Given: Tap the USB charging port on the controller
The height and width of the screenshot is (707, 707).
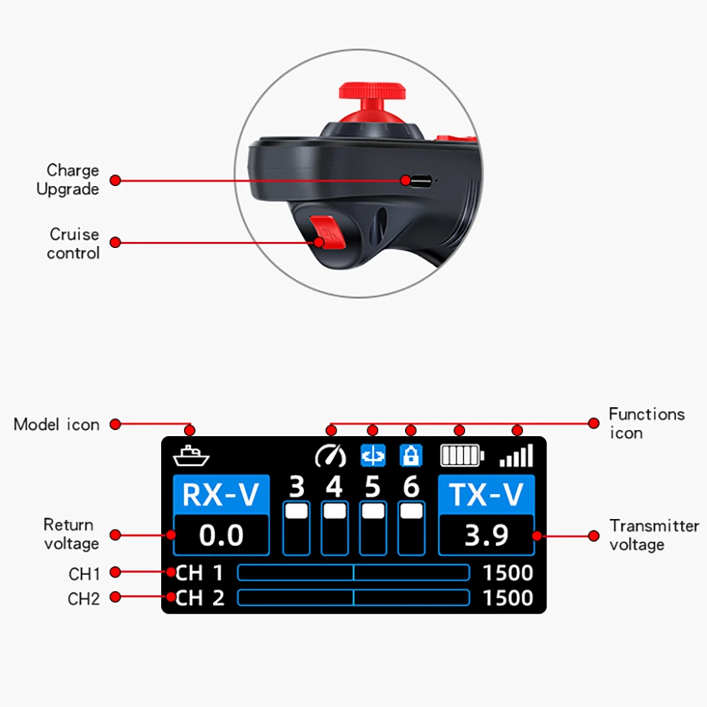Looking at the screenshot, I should click(419, 181).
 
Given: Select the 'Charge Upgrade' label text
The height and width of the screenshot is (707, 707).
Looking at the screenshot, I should click(68, 180).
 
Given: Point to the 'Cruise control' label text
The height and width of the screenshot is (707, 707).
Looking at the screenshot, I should click(74, 243).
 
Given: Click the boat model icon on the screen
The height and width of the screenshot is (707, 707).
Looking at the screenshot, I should click(191, 456).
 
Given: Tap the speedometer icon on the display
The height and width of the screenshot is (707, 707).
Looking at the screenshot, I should click(330, 456).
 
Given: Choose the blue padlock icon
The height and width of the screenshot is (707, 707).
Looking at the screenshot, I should click(411, 456).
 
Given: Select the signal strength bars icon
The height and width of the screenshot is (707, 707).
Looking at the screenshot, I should click(516, 456).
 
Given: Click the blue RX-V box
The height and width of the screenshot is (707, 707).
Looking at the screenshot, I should click(221, 495).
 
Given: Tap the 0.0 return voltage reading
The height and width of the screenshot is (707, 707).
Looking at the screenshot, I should click(221, 535).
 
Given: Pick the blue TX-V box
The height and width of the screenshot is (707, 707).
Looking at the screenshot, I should click(486, 495).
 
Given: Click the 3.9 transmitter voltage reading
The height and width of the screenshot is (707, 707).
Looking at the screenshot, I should click(486, 535).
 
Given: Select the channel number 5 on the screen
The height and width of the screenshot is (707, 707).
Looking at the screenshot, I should click(372, 487).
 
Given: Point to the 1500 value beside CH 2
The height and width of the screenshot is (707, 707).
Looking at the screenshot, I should click(508, 598).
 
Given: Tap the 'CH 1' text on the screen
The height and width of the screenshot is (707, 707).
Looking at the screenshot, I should click(200, 573).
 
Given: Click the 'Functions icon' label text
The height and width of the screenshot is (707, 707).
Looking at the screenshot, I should click(646, 423).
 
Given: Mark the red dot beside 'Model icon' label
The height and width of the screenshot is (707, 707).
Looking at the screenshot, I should click(115, 424).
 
